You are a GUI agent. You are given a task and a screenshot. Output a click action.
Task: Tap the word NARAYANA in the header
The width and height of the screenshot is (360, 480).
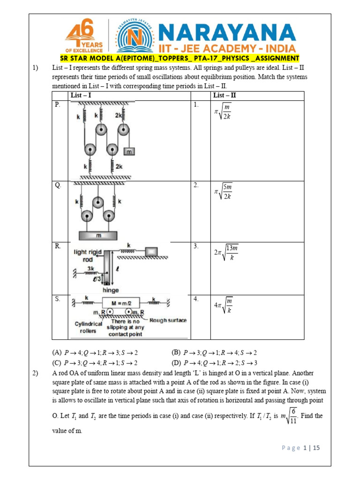pos(227,33)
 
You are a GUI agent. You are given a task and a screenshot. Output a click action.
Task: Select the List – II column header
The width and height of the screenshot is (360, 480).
pos(225,96)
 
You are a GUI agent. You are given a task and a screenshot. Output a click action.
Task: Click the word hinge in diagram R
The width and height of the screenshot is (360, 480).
pos(110,290)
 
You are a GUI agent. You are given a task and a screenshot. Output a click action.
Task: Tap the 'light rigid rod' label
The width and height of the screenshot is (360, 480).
pos(88,255)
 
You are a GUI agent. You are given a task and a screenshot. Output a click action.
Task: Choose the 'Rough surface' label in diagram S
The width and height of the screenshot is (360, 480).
pos(168,321)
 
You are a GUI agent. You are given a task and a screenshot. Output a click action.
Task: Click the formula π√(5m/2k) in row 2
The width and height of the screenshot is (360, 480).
pos(223,191)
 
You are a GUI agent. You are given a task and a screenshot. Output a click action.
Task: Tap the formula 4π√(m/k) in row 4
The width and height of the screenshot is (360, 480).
pos(223,305)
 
